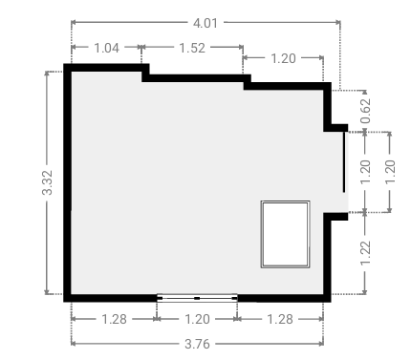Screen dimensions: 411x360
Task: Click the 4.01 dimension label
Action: (205, 23)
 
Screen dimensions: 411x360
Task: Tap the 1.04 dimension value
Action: (107, 48)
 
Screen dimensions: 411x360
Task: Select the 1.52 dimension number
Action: (192, 48)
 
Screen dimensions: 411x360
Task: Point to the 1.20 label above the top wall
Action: (283, 58)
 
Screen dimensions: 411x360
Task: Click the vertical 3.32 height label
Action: (47, 182)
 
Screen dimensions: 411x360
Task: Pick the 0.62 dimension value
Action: (365, 111)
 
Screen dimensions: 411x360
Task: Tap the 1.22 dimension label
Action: (365, 253)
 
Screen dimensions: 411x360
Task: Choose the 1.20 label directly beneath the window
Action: (197, 319)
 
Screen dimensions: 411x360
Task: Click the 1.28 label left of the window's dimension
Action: (114, 319)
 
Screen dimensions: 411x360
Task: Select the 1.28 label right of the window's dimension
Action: (280, 319)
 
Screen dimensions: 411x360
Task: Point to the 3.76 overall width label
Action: (197, 344)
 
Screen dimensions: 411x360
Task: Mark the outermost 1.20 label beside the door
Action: (390, 171)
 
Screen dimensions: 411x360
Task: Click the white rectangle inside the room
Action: (286, 234)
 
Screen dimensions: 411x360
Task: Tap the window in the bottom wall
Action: (197, 298)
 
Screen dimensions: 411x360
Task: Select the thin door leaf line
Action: (344, 162)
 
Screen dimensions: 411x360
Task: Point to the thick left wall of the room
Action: (67, 182)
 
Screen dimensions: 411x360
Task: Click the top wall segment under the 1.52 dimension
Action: (196, 78)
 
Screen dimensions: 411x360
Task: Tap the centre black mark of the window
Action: (197, 298)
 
